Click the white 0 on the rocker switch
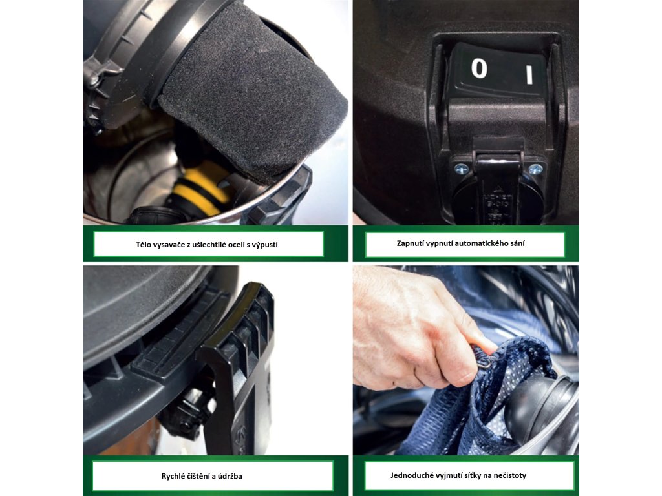point(479,68)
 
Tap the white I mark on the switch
point(529,75)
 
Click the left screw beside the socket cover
point(461,170)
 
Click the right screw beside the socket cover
point(535,170)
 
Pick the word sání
point(517,243)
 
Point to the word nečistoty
point(510,475)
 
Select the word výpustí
point(264,245)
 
